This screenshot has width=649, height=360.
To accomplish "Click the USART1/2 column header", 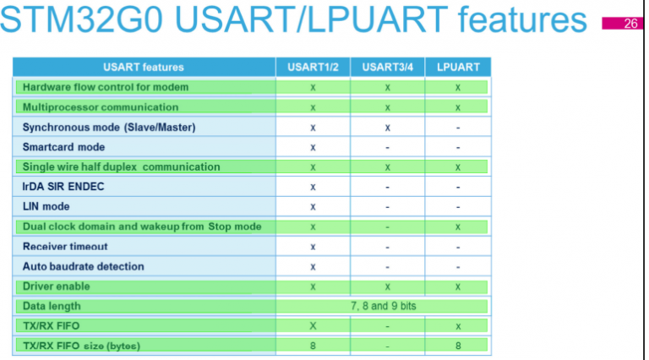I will pyautogui.click(x=313, y=67).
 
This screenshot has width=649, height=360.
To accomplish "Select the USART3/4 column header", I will pyautogui.click(x=386, y=67).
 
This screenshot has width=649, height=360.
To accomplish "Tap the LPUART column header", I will pyautogui.click(x=457, y=67).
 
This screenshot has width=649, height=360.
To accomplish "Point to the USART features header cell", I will pyautogui.click(x=143, y=67).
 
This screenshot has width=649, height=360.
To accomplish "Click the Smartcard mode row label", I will pyautogui.click(x=63, y=147).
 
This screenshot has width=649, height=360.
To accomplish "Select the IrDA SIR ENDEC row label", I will pyautogui.click(x=63, y=187).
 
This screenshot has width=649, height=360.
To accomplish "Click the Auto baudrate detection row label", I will pyautogui.click(x=83, y=266).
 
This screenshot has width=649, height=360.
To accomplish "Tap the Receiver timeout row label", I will pyautogui.click(x=65, y=246).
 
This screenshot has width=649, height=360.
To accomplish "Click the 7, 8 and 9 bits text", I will pyautogui.click(x=384, y=306).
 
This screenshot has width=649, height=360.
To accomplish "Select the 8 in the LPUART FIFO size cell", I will pyautogui.click(x=457, y=346).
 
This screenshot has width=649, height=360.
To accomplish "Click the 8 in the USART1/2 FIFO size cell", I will pyautogui.click(x=313, y=346).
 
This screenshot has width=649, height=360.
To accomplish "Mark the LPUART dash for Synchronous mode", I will pyautogui.click(x=457, y=128).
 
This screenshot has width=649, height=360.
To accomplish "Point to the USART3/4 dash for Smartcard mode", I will pyautogui.click(x=386, y=147).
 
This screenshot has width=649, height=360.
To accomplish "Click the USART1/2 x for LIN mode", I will pyautogui.click(x=313, y=206).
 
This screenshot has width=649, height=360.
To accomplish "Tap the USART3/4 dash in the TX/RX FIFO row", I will pyautogui.click(x=386, y=326).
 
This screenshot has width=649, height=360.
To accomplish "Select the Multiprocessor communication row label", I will pyautogui.click(x=101, y=107).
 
